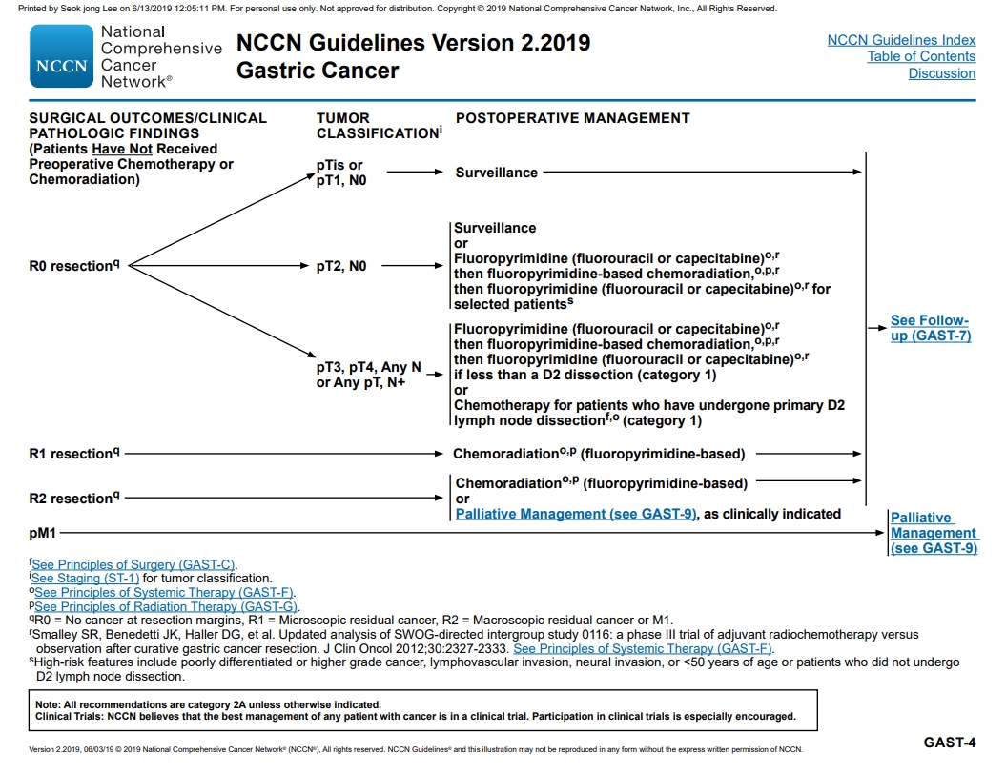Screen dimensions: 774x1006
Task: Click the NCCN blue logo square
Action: tap(62, 57)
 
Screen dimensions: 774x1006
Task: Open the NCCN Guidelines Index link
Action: tap(901, 40)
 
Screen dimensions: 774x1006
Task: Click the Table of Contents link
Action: tap(921, 56)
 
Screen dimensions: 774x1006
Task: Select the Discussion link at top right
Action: tap(941, 73)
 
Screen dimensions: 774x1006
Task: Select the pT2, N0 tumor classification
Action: tap(341, 267)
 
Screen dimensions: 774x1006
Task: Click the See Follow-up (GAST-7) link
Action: tap(930, 328)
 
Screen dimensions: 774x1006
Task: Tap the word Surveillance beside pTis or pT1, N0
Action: tap(496, 173)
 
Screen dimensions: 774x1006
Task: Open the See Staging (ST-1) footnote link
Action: tap(86, 578)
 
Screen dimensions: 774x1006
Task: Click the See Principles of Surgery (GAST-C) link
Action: tap(133, 564)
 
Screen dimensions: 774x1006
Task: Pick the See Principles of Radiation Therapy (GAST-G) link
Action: tap(166, 606)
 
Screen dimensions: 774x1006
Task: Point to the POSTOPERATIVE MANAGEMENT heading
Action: tap(572, 118)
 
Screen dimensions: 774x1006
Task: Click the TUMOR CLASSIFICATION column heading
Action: tap(377, 126)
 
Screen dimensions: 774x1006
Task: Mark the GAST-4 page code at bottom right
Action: tap(949, 742)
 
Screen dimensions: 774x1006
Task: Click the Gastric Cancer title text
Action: tap(318, 71)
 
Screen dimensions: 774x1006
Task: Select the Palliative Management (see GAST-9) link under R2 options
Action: tap(576, 514)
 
